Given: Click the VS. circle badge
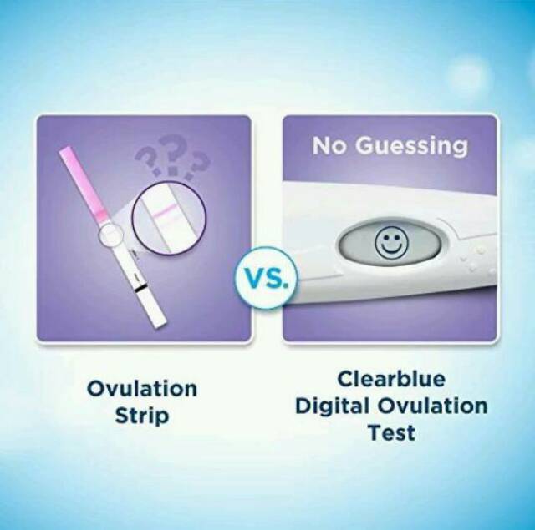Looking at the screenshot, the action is coord(265,278).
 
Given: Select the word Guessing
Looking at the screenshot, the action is coord(411,147).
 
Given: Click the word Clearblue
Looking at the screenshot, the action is coord(391,379).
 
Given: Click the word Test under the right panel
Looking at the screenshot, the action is coord(391,432).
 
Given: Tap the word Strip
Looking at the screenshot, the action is coord(142,416).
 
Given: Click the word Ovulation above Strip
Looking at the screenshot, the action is coord(142,389).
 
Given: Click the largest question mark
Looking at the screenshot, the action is coord(173,154).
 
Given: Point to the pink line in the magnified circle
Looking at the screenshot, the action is coord(166,210).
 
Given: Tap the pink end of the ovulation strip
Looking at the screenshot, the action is coord(84,184).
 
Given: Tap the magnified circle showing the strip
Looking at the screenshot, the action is coord(169,219).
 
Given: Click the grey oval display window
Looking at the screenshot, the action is coord(390,244).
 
